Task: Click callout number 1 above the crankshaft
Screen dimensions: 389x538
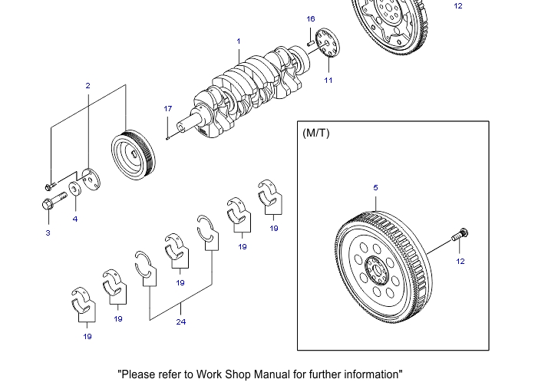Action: (x=239, y=41)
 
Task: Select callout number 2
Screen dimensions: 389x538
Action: (x=87, y=86)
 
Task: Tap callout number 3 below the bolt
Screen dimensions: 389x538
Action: (x=48, y=233)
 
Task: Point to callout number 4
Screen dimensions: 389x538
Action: (x=75, y=219)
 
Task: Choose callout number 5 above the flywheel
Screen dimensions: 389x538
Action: (x=375, y=187)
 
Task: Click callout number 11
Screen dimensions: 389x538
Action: (x=328, y=80)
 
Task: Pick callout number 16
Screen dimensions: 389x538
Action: (x=311, y=19)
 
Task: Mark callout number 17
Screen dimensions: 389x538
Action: (x=168, y=109)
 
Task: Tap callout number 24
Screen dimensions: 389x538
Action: (x=181, y=321)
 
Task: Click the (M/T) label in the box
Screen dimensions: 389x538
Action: (x=316, y=133)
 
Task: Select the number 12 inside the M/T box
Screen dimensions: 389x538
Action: (x=460, y=261)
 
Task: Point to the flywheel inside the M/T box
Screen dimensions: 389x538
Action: (x=384, y=265)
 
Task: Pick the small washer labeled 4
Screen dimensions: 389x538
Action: (x=76, y=189)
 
